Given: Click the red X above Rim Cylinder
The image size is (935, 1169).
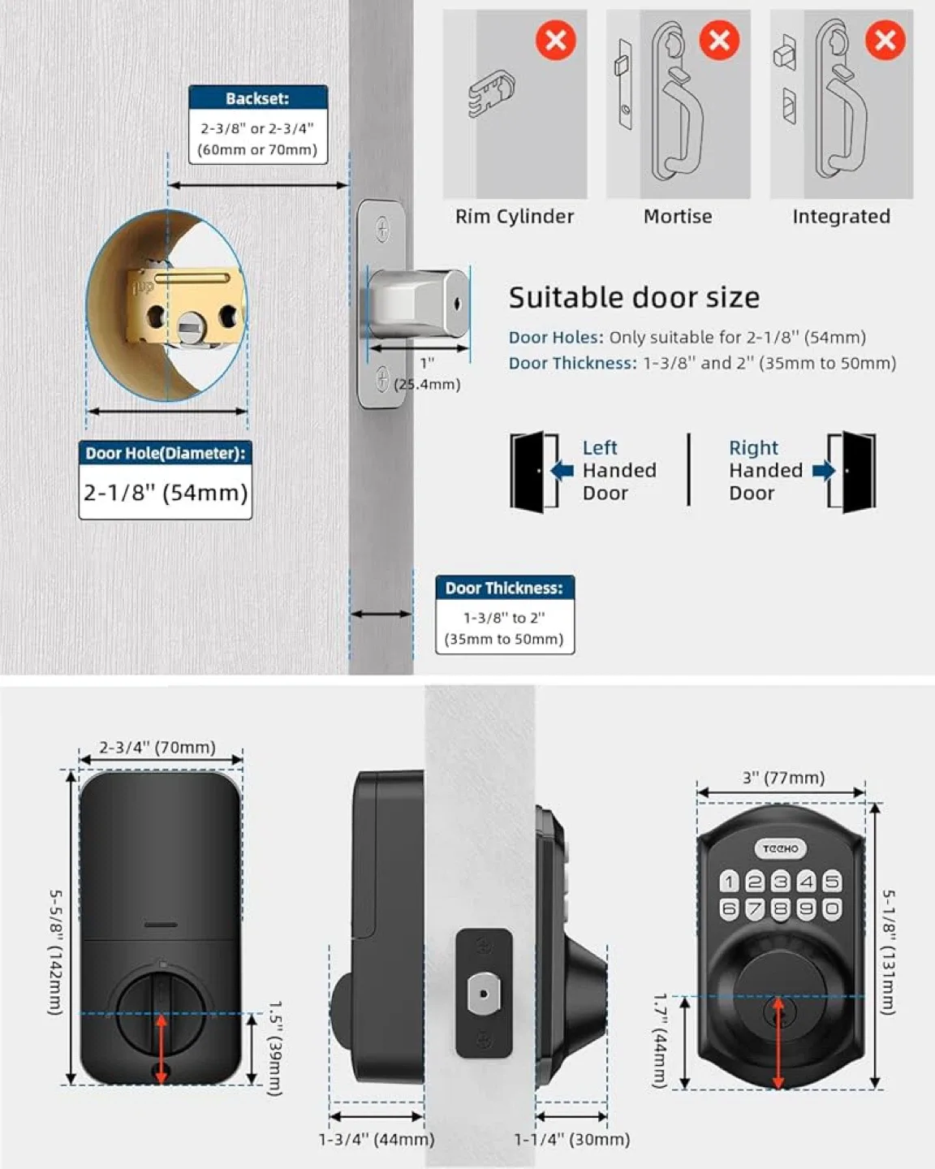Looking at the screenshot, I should tap(556, 40).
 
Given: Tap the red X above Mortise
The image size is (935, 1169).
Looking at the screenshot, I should tap(719, 40).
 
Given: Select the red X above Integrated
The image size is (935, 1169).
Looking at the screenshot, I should tap(885, 40).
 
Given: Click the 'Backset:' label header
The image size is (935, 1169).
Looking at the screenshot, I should tap(257, 98).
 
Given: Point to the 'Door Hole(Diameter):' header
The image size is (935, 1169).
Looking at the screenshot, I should tap(166, 453).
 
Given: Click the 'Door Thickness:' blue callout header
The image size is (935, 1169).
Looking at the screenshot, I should tap(504, 588).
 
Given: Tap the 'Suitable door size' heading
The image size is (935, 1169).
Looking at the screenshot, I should tap(634, 298).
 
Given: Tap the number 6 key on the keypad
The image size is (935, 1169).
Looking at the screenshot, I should tap(729, 909).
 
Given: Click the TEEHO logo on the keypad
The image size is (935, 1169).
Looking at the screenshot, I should tap(780, 848).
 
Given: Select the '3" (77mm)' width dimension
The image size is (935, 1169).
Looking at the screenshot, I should tap(783, 778).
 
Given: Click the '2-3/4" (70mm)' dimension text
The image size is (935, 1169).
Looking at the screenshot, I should tap(157, 747).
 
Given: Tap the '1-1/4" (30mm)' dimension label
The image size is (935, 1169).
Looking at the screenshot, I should tap(572, 1139).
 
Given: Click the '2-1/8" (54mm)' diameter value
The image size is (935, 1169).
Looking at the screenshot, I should tap(166, 492).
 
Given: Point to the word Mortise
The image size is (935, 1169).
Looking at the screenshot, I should tap(678, 217).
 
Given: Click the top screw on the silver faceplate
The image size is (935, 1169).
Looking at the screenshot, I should tap(382, 230).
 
